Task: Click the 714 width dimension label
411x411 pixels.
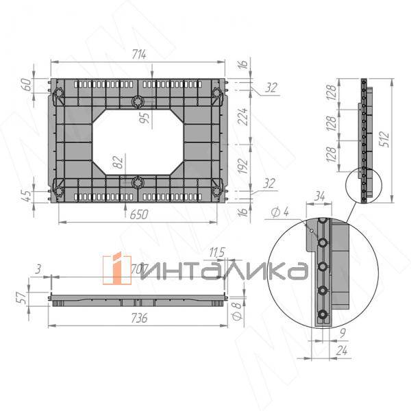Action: [x=139, y=54]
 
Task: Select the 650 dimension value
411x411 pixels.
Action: [x=139, y=214]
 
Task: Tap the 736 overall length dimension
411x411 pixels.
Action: [x=139, y=318]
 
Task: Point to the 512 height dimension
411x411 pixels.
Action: [x=384, y=138]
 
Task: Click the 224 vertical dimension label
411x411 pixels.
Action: [x=242, y=116]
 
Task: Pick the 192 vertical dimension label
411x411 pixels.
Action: [x=242, y=165]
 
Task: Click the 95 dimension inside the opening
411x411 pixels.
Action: [x=145, y=117]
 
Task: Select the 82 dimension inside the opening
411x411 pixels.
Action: [x=118, y=162]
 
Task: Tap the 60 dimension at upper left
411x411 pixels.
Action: [x=27, y=84]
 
